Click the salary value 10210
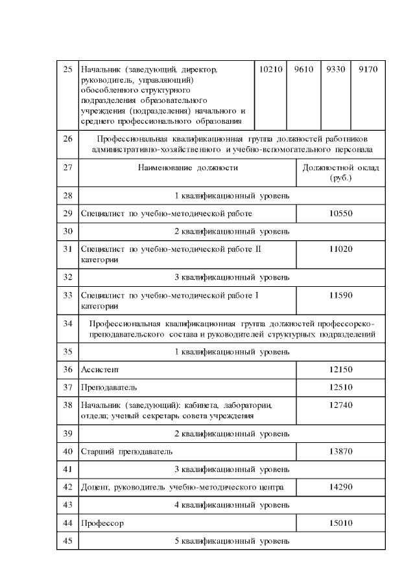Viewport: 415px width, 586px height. (270, 69)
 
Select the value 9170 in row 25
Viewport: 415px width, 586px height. (368, 69)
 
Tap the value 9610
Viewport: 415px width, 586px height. (304, 69)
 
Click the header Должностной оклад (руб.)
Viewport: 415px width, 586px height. (340, 173)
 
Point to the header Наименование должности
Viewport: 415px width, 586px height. (187, 168)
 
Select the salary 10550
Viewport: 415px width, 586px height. (340, 213)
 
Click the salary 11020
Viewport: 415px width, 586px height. (340, 249)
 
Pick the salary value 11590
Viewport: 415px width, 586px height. (340, 295)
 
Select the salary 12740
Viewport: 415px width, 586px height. (340, 405)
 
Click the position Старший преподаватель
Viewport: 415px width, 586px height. (126, 450)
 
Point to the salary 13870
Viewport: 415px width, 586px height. (340, 450)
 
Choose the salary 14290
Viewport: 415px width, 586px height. (340, 486)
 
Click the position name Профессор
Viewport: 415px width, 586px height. (102, 523)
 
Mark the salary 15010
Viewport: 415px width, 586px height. (340, 523)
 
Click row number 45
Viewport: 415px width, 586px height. (67, 540)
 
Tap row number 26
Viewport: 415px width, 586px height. (67, 139)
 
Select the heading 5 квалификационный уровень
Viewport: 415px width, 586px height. (231, 540)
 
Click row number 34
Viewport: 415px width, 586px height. (67, 322)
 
